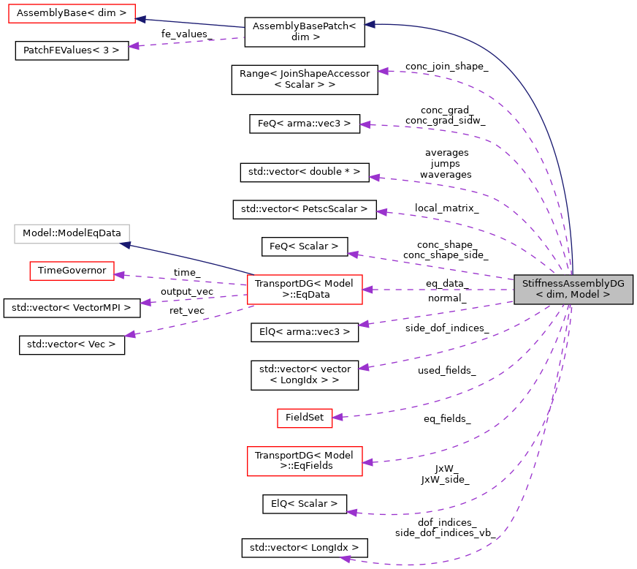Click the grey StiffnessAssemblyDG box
[x=573, y=290]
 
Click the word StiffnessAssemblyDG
[x=573, y=283]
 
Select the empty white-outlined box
[x=72, y=234]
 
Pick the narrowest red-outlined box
[x=305, y=418]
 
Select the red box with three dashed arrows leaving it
[x=305, y=290]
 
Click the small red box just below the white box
[x=72, y=271]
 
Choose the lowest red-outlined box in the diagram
[x=305, y=461]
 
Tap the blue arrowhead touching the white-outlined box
[x=125, y=245]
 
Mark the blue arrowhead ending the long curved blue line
[x=370, y=24]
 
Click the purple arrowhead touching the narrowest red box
[x=337, y=417]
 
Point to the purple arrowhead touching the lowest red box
[x=367, y=462]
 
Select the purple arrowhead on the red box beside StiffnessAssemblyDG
[x=367, y=290]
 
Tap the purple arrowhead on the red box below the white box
[x=119, y=275]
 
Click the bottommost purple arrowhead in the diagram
[x=346, y=559]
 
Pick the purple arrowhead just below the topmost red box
[x=133, y=46]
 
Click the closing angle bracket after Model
[x=606, y=295]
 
